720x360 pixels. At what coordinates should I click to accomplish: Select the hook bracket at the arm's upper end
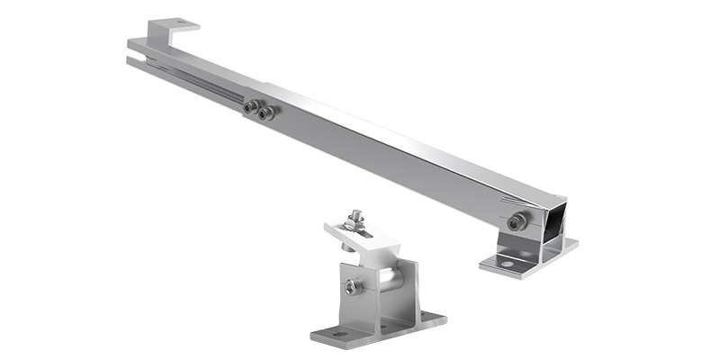coord(171,27)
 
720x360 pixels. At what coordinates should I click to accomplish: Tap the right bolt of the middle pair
coord(264,112)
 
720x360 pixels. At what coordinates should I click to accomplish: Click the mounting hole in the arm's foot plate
coord(507,264)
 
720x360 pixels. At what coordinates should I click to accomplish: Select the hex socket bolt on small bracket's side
coord(350,286)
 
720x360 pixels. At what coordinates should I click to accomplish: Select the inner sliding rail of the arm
coord(198,81)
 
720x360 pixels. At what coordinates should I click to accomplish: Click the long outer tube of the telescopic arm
coord(405,148)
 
